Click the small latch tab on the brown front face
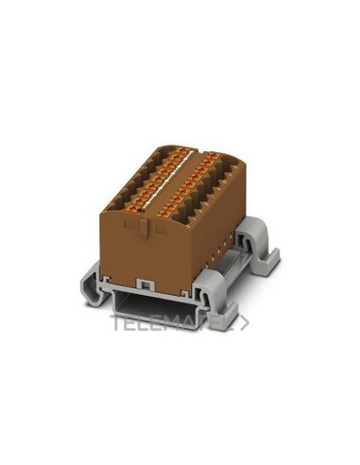coord(143,227)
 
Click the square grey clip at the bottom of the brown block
coord(146,284)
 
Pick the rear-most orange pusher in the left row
coord(180,151)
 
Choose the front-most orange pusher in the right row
coord(164,215)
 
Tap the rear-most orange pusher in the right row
coord(214,156)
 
